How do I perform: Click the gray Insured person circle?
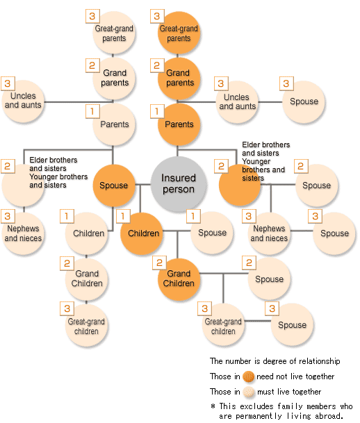click(x=179, y=183)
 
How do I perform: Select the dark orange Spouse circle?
click(x=113, y=185)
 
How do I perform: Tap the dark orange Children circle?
click(x=141, y=233)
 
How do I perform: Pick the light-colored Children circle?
click(x=86, y=233)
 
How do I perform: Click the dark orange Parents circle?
click(x=179, y=124)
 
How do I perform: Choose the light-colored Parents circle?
click(x=114, y=124)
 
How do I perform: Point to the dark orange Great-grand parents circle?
click(x=179, y=33)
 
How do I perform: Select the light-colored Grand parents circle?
click(x=114, y=78)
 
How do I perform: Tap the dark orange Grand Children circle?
click(x=179, y=279)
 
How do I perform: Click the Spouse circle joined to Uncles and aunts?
click(x=304, y=102)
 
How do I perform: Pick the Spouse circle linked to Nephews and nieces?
click(x=334, y=233)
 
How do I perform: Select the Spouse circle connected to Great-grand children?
click(x=293, y=324)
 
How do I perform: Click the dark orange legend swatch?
click(x=248, y=376)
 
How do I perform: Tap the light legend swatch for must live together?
click(x=248, y=392)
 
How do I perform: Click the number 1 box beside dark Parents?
click(x=157, y=111)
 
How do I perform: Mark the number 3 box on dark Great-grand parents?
click(x=157, y=16)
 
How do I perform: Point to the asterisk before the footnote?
click(x=213, y=406)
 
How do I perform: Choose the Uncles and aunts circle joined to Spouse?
click(x=237, y=102)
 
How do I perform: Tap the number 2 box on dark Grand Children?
click(x=159, y=263)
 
